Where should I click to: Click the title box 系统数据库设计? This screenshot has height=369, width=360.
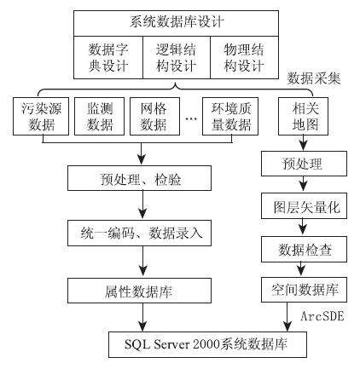pos(176,23)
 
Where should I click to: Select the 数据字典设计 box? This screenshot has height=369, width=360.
pos(108,57)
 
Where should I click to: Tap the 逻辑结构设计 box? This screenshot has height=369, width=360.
pos(177,57)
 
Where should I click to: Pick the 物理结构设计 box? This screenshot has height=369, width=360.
pos(244,57)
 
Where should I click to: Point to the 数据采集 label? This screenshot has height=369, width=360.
pos(314,78)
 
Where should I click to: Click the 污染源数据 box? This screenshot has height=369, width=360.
pos(41,116)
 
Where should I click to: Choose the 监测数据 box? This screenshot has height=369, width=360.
pos(100,116)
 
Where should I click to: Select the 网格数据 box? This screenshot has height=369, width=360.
pos(155,116)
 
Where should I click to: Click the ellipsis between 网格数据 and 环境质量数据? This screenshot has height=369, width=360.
pos(191,118)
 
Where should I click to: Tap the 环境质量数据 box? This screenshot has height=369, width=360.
pos(230,116)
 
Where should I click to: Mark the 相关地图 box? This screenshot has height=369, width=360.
pos(303,116)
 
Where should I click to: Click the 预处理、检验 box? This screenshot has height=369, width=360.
pos(139,178)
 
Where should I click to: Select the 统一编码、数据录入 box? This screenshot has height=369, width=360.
pos(139,233)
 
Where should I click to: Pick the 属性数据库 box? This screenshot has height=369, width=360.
pos(139,291)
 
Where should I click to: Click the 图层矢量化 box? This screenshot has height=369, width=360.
pos(304,206)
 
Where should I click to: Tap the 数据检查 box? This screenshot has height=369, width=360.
pos(304,250)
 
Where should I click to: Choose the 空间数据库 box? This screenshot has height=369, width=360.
pos(304,290)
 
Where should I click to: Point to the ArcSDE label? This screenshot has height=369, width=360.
pos(322,316)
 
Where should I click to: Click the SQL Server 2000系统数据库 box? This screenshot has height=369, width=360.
pos(207,344)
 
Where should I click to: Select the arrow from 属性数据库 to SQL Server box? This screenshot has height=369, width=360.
pos(142,317)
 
